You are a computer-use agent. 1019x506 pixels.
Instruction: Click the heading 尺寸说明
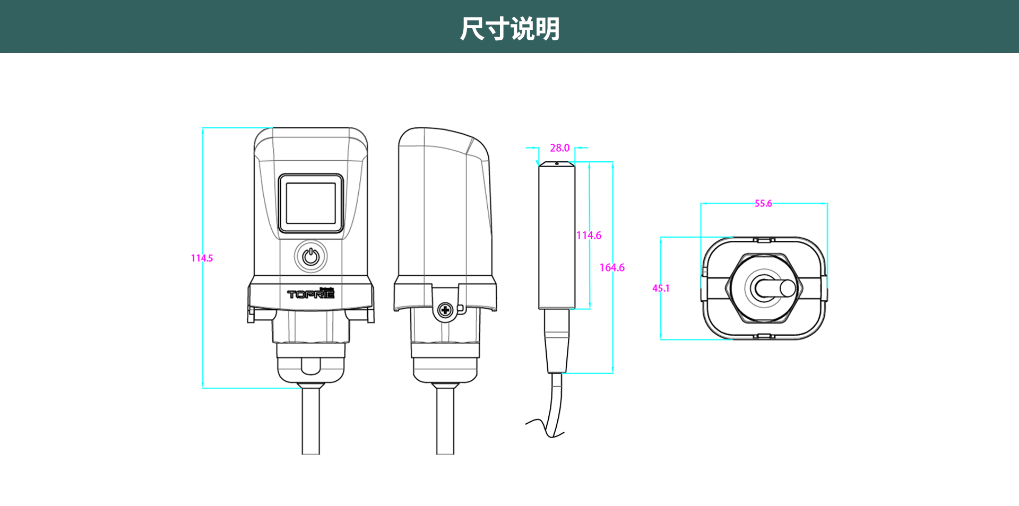click(x=509, y=29)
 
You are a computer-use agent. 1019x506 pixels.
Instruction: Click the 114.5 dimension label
click(x=202, y=258)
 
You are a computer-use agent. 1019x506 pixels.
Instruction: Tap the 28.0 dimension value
click(x=559, y=148)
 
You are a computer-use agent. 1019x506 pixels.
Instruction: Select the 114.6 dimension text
click(x=589, y=235)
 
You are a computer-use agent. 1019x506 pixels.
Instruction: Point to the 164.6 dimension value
click(x=612, y=268)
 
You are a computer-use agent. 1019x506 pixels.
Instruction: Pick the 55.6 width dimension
click(x=763, y=204)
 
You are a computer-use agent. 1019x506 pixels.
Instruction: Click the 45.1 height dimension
click(x=661, y=289)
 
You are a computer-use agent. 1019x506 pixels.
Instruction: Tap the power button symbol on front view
click(x=311, y=257)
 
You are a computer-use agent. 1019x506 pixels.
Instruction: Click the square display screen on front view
click(x=311, y=204)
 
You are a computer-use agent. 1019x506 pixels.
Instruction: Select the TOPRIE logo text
click(x=311, y=293)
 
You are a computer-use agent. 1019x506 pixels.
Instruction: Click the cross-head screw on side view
click(x=446, y=310)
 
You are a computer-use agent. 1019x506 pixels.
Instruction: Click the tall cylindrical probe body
click(x=556, y=236)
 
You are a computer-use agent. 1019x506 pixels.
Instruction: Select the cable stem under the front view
click(x=311, y=422)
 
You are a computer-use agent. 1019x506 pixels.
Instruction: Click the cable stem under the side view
click(x=445, y=422)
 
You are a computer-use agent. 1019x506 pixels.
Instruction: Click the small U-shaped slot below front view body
click(x=311, y=366)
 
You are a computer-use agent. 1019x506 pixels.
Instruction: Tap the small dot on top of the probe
click(x=556, y=163)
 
